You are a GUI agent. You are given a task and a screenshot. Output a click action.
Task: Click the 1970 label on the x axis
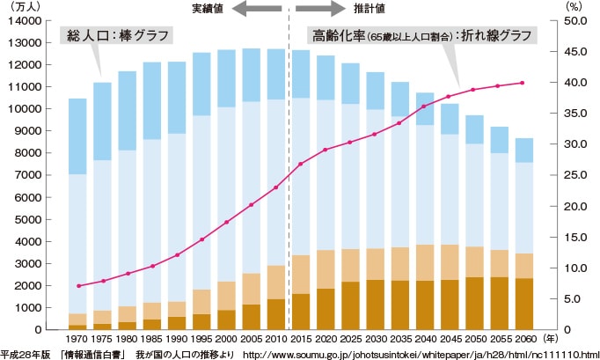click(77, 340)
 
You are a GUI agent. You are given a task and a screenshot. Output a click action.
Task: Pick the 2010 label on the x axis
click(274, 340)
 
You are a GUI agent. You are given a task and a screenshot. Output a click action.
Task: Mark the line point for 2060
click(523, 83)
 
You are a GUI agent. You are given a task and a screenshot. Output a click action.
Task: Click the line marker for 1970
click(78, 286)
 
